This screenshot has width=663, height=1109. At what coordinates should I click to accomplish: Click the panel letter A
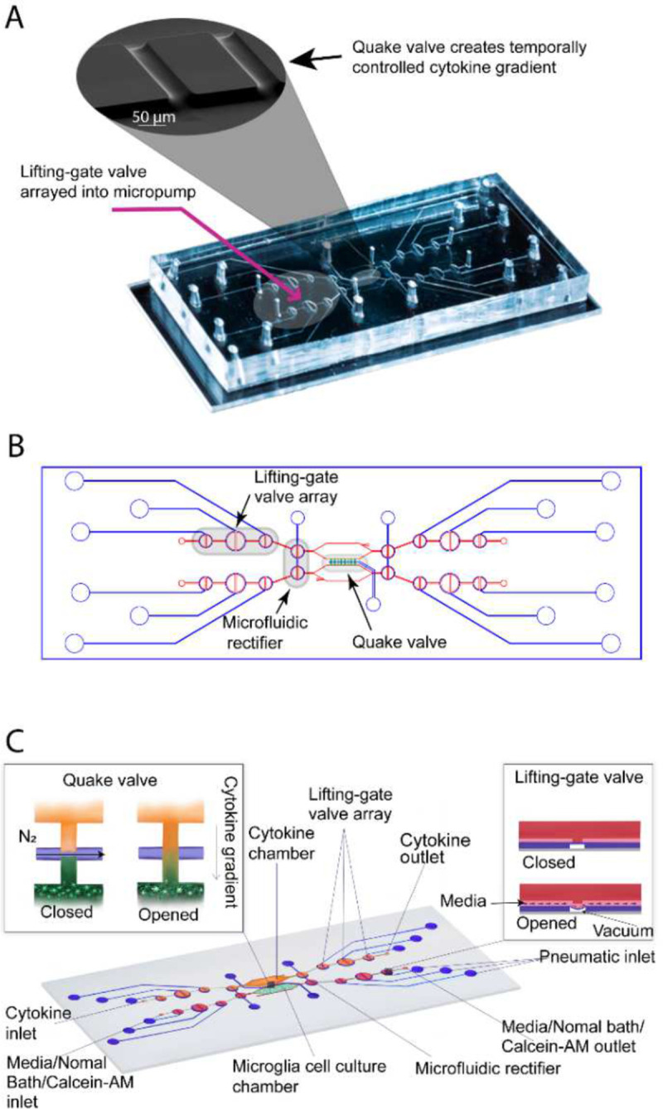click(x=14, y=19)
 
